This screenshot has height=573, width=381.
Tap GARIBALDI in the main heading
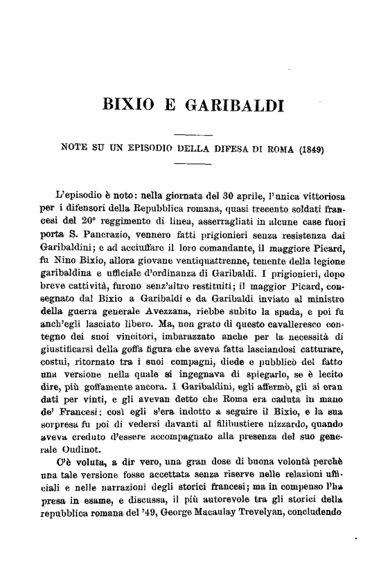point(232,107)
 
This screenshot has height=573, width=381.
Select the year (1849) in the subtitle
point(310,147)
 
